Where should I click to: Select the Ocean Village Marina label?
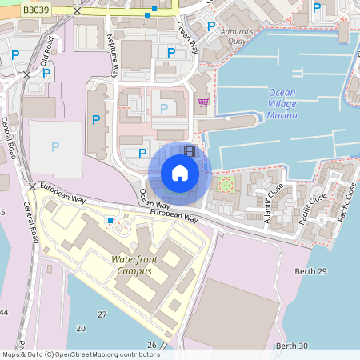point(282,104)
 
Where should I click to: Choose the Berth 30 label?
point(291,346)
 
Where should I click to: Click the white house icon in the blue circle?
point(179,173)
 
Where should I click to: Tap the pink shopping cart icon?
point(203,102)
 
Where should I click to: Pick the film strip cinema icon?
point(189,150)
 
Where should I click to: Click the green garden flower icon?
point(226,184)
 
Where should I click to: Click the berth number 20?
point(81,329)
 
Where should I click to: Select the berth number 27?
point(102,314)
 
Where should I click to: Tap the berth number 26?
point(152,345)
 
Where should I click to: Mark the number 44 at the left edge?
point(4,311)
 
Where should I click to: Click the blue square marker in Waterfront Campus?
point(110,221)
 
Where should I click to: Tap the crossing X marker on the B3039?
point(77,11)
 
